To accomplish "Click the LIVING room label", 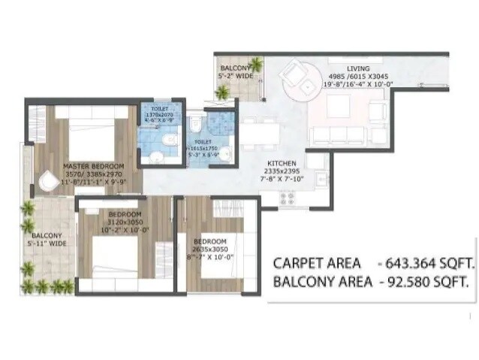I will click(348, 68).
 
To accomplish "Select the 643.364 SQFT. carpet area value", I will click(430, 264).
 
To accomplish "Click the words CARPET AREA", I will click(315, 264).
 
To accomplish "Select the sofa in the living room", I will click(341, 136).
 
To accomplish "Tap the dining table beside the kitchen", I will click(260, 132).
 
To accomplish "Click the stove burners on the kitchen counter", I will click(287, 199).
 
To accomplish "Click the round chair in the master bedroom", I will click(47, 180).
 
